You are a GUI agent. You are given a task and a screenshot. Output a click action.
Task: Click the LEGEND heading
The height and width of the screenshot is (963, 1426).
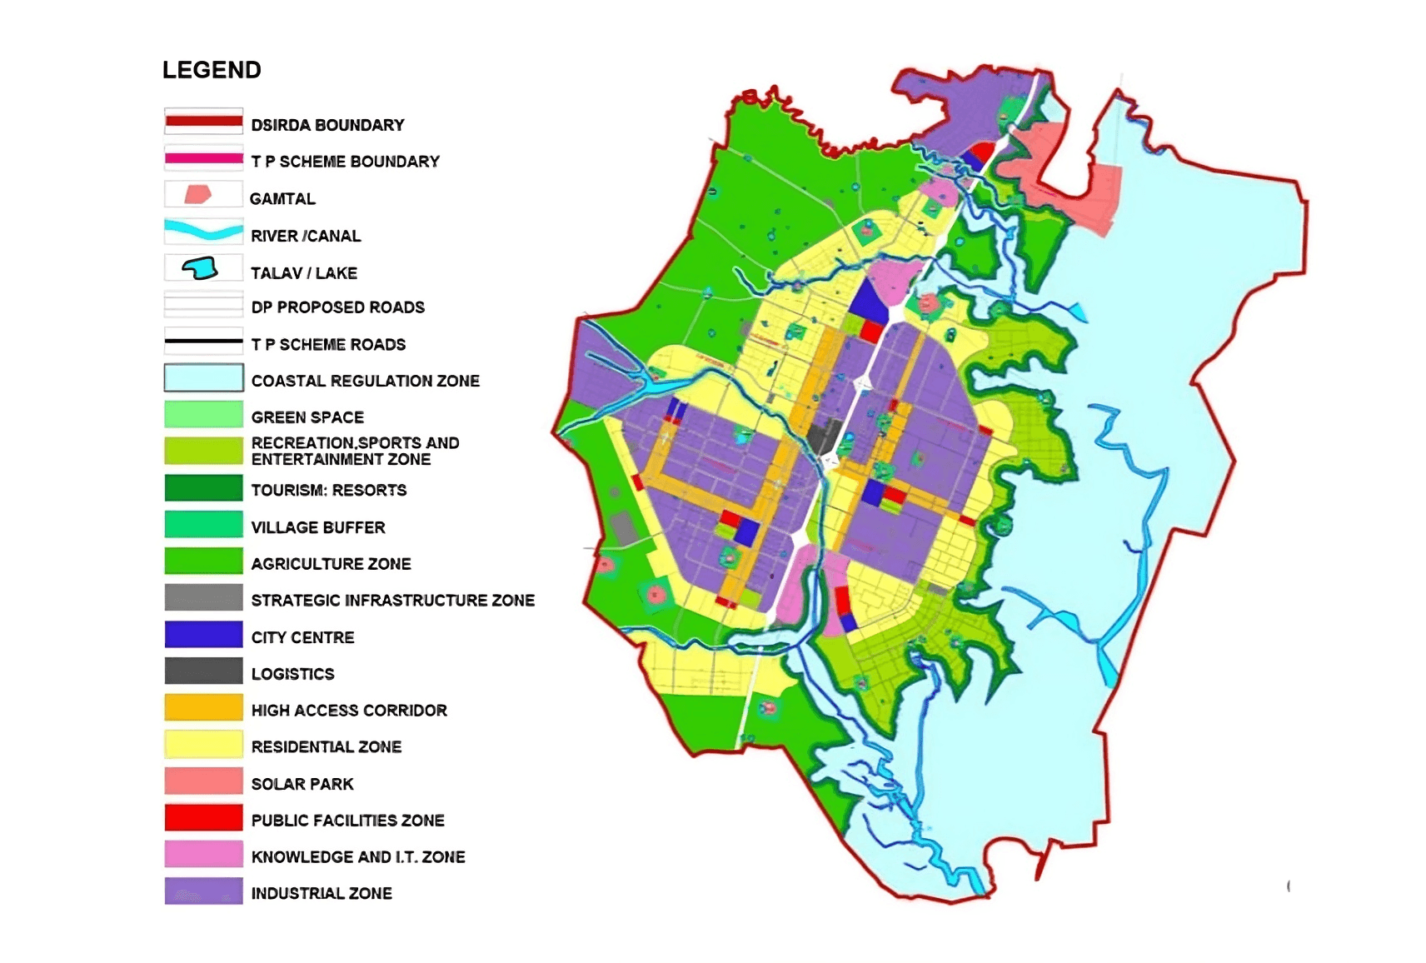pos(212,70)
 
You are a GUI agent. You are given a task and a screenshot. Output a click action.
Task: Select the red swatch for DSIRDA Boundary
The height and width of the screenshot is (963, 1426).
pos(203,122)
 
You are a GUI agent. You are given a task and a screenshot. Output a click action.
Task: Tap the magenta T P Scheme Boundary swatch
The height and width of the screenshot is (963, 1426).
pos(203,158)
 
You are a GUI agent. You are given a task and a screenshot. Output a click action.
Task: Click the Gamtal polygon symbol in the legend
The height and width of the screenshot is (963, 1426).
pos(197,195)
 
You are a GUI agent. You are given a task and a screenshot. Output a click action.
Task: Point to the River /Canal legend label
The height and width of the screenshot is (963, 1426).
pos(306,236)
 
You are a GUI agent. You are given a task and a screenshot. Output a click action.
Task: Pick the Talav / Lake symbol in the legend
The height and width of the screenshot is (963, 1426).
pos(200,268)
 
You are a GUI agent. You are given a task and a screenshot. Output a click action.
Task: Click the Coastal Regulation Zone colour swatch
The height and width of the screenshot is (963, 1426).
pos(203,378)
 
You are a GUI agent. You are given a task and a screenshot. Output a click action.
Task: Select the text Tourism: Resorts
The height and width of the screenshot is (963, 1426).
pos(328,491)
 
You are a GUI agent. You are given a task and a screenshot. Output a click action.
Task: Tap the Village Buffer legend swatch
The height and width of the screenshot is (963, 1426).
pos(203,525)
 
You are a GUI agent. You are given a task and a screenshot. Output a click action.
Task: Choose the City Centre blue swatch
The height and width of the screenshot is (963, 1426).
pos(203,635)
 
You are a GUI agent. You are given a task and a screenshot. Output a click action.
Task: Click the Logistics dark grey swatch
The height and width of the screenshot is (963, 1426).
pos(203,671)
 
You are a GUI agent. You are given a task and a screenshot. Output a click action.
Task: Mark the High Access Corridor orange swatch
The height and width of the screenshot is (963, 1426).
pos(203,708)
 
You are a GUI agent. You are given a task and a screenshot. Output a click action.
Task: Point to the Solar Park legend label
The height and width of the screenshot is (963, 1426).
pos(302,784)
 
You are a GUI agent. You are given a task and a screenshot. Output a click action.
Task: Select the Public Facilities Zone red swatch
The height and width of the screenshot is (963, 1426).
pos(203,818)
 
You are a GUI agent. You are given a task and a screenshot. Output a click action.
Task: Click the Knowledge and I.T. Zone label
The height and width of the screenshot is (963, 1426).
pos(357,857)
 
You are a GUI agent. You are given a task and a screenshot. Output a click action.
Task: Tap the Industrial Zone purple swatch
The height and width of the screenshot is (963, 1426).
pos(203,891)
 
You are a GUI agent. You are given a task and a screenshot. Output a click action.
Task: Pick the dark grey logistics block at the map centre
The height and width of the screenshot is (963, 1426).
pos(825,436)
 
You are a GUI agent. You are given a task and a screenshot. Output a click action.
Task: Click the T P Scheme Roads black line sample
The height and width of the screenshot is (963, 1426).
pos(203,341)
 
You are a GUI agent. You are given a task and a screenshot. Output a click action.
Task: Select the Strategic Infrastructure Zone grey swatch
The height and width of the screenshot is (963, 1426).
pos(203,598)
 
